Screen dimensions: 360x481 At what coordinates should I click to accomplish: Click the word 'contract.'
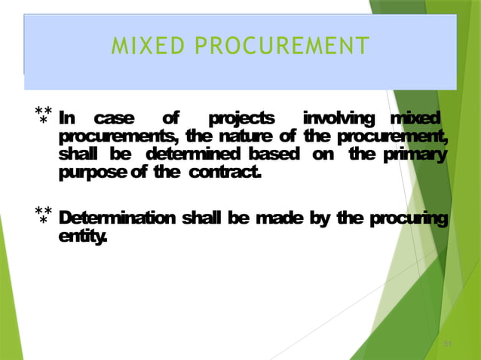coord(225,174)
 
